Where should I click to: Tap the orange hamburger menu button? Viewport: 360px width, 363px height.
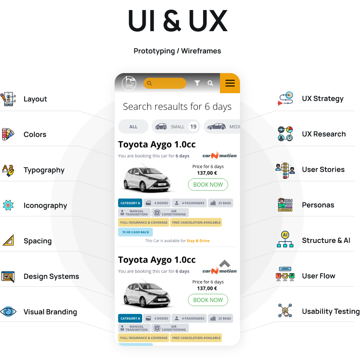(230, 83)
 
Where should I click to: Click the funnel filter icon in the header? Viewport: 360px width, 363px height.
(197, 83)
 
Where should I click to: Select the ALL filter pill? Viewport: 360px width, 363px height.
(133, 126)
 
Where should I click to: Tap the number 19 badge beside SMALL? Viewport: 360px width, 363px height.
(193, 126)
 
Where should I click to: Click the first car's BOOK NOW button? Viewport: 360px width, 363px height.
(208, 185)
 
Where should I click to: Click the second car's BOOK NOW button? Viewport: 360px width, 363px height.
(208, 300)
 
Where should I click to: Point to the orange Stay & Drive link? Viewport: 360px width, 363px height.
(198, 241)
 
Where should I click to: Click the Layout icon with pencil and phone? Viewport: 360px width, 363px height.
(7, 99)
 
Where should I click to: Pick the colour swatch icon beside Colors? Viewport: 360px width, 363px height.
(8, 134)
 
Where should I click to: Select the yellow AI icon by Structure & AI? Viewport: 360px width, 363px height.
(285, 235)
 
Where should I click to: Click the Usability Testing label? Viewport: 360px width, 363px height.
(330, 311)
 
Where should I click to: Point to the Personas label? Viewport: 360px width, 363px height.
(318, 205)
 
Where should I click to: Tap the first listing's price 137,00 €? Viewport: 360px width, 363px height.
(207, 173)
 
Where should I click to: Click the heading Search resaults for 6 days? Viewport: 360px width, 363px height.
(177, 106)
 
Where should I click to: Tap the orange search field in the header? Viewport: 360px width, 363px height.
(165, 83)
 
